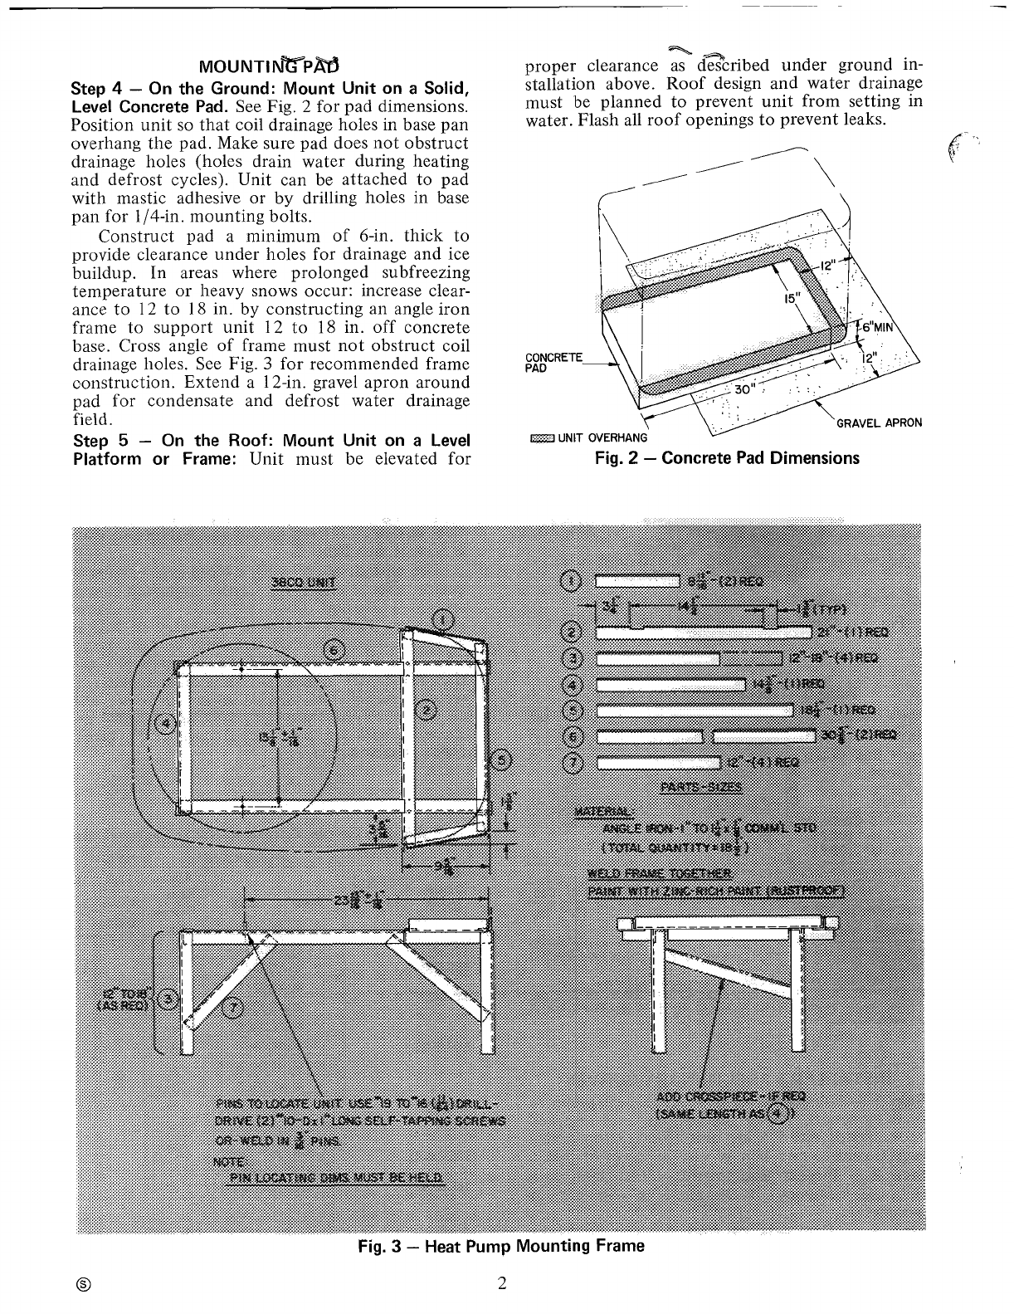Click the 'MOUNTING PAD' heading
click(x=270, y=66)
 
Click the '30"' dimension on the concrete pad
click(x=743, y=391)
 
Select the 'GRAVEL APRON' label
click(x=879, y=423)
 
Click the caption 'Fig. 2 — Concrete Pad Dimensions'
click(x=728, y=458)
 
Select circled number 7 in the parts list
click(x=573, y=763)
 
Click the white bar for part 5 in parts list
click(x=695, y=711)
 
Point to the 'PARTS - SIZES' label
click(x=700, y=788)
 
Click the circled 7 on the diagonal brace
click(x=234, y=1007)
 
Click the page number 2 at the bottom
click(x=502, y=1283)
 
